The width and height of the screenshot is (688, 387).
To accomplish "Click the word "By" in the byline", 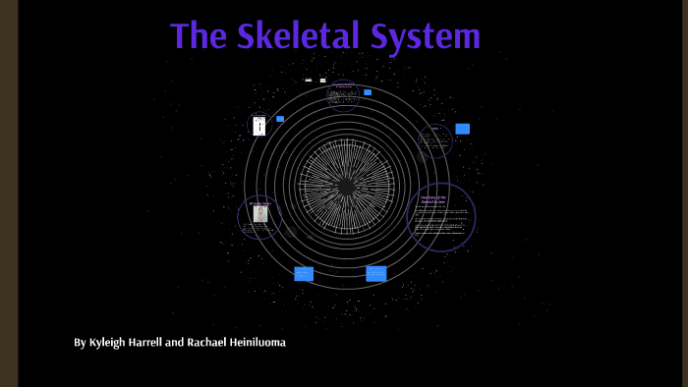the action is click(80, 342).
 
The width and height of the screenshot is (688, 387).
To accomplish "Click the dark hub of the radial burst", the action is click(346, 186).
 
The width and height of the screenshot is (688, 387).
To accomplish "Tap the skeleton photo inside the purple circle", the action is click(260, 213).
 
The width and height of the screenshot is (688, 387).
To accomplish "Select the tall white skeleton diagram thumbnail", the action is click(259, 126).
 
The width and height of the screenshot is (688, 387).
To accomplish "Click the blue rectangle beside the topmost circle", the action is click(368, 92).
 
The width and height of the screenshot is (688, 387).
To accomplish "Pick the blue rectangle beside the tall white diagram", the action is click(280, 119).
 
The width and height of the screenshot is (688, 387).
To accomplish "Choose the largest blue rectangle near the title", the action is click(462, 129).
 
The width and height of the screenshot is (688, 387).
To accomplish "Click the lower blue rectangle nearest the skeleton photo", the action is click(304, 274).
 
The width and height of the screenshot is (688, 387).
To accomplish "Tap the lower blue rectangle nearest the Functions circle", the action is click(375, 274).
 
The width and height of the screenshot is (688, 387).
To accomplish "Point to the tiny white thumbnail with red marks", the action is click(322, 81).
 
